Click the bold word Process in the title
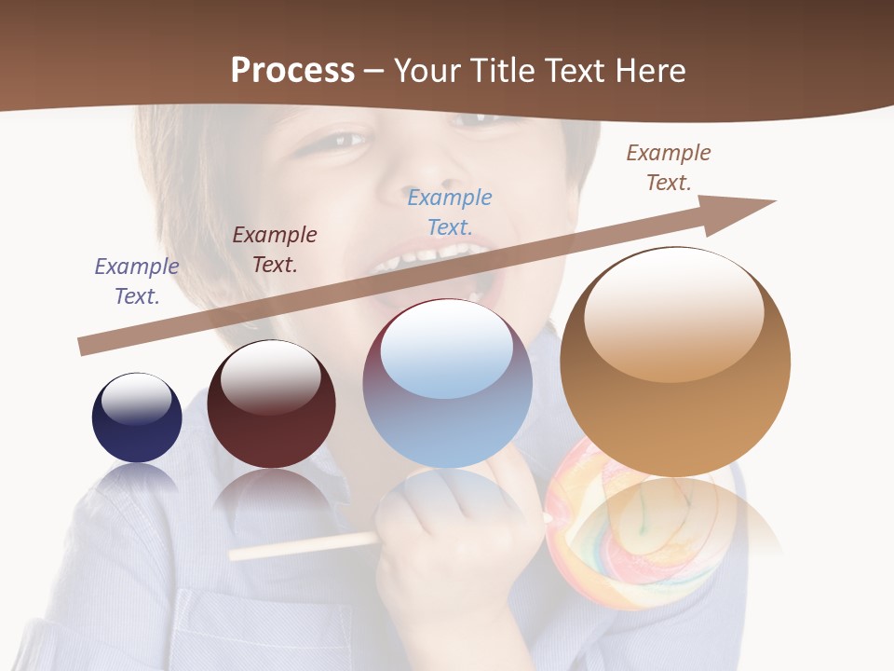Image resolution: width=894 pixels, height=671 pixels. (x=292, y=71)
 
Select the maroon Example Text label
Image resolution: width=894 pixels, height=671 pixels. (x=275, y=250)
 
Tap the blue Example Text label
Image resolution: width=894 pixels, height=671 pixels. (x=450, y=212)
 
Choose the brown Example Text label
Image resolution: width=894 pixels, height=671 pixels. (x=669, y=168)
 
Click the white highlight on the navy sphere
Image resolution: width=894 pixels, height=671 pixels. (x=137, y=397)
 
